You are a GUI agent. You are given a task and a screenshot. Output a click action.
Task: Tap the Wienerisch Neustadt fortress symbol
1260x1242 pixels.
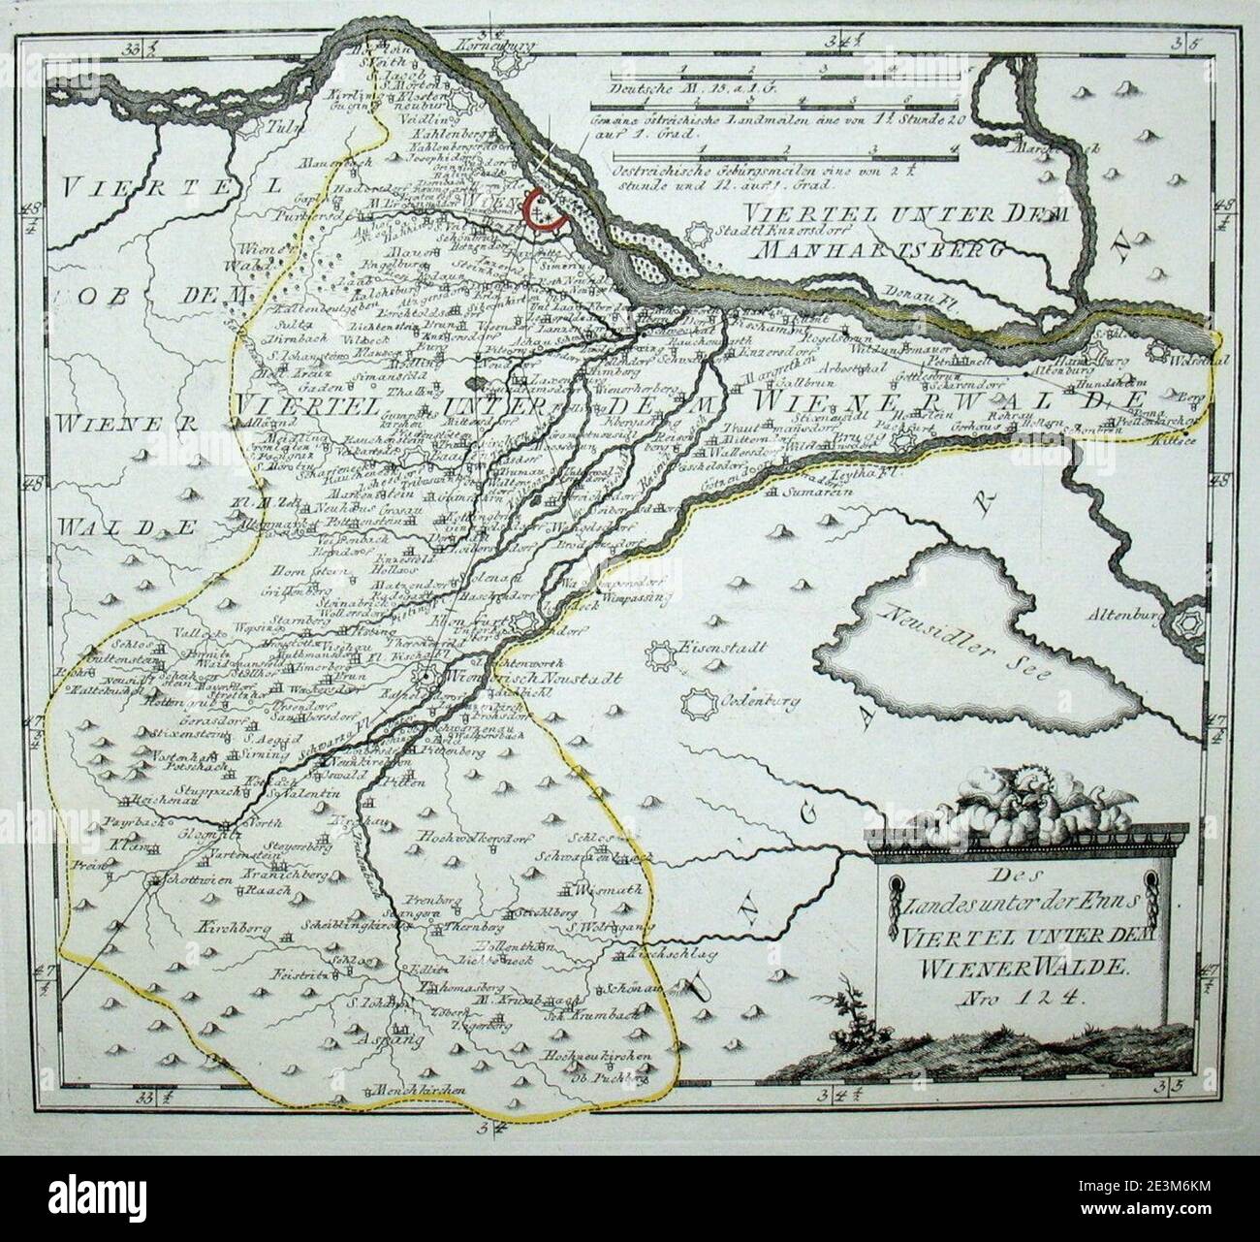(x=425, y=678)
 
